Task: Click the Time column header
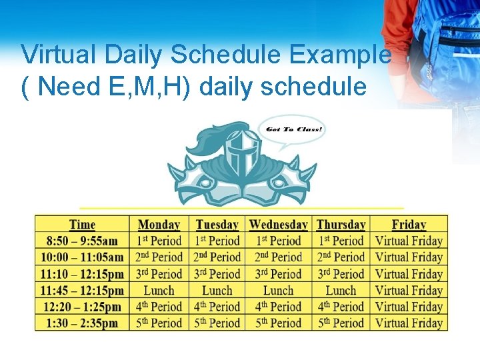click(x=82, y=225)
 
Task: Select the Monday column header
click(x=159, y=225)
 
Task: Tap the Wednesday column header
click(x=278, y=225)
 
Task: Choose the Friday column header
click(x=409, y=225)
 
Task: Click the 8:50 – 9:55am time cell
click(x=82, y=241)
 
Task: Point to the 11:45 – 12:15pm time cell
click(x=82, y=290)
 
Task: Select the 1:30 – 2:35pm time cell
click(x=82, y=323)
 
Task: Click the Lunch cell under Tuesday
click(x=217, y=290)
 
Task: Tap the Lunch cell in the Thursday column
click(x=341, y=290)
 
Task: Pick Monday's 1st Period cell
click(x=159, y=241)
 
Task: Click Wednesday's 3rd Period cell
click(x=278, y=274)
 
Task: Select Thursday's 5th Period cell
click(x=341, y=323)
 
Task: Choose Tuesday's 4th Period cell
click(x=217, y=307)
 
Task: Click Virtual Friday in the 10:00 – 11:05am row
click(x=409, y=257)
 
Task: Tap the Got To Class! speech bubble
click(x=293, y=129)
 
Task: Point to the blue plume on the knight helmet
click(x=207, y=140)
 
